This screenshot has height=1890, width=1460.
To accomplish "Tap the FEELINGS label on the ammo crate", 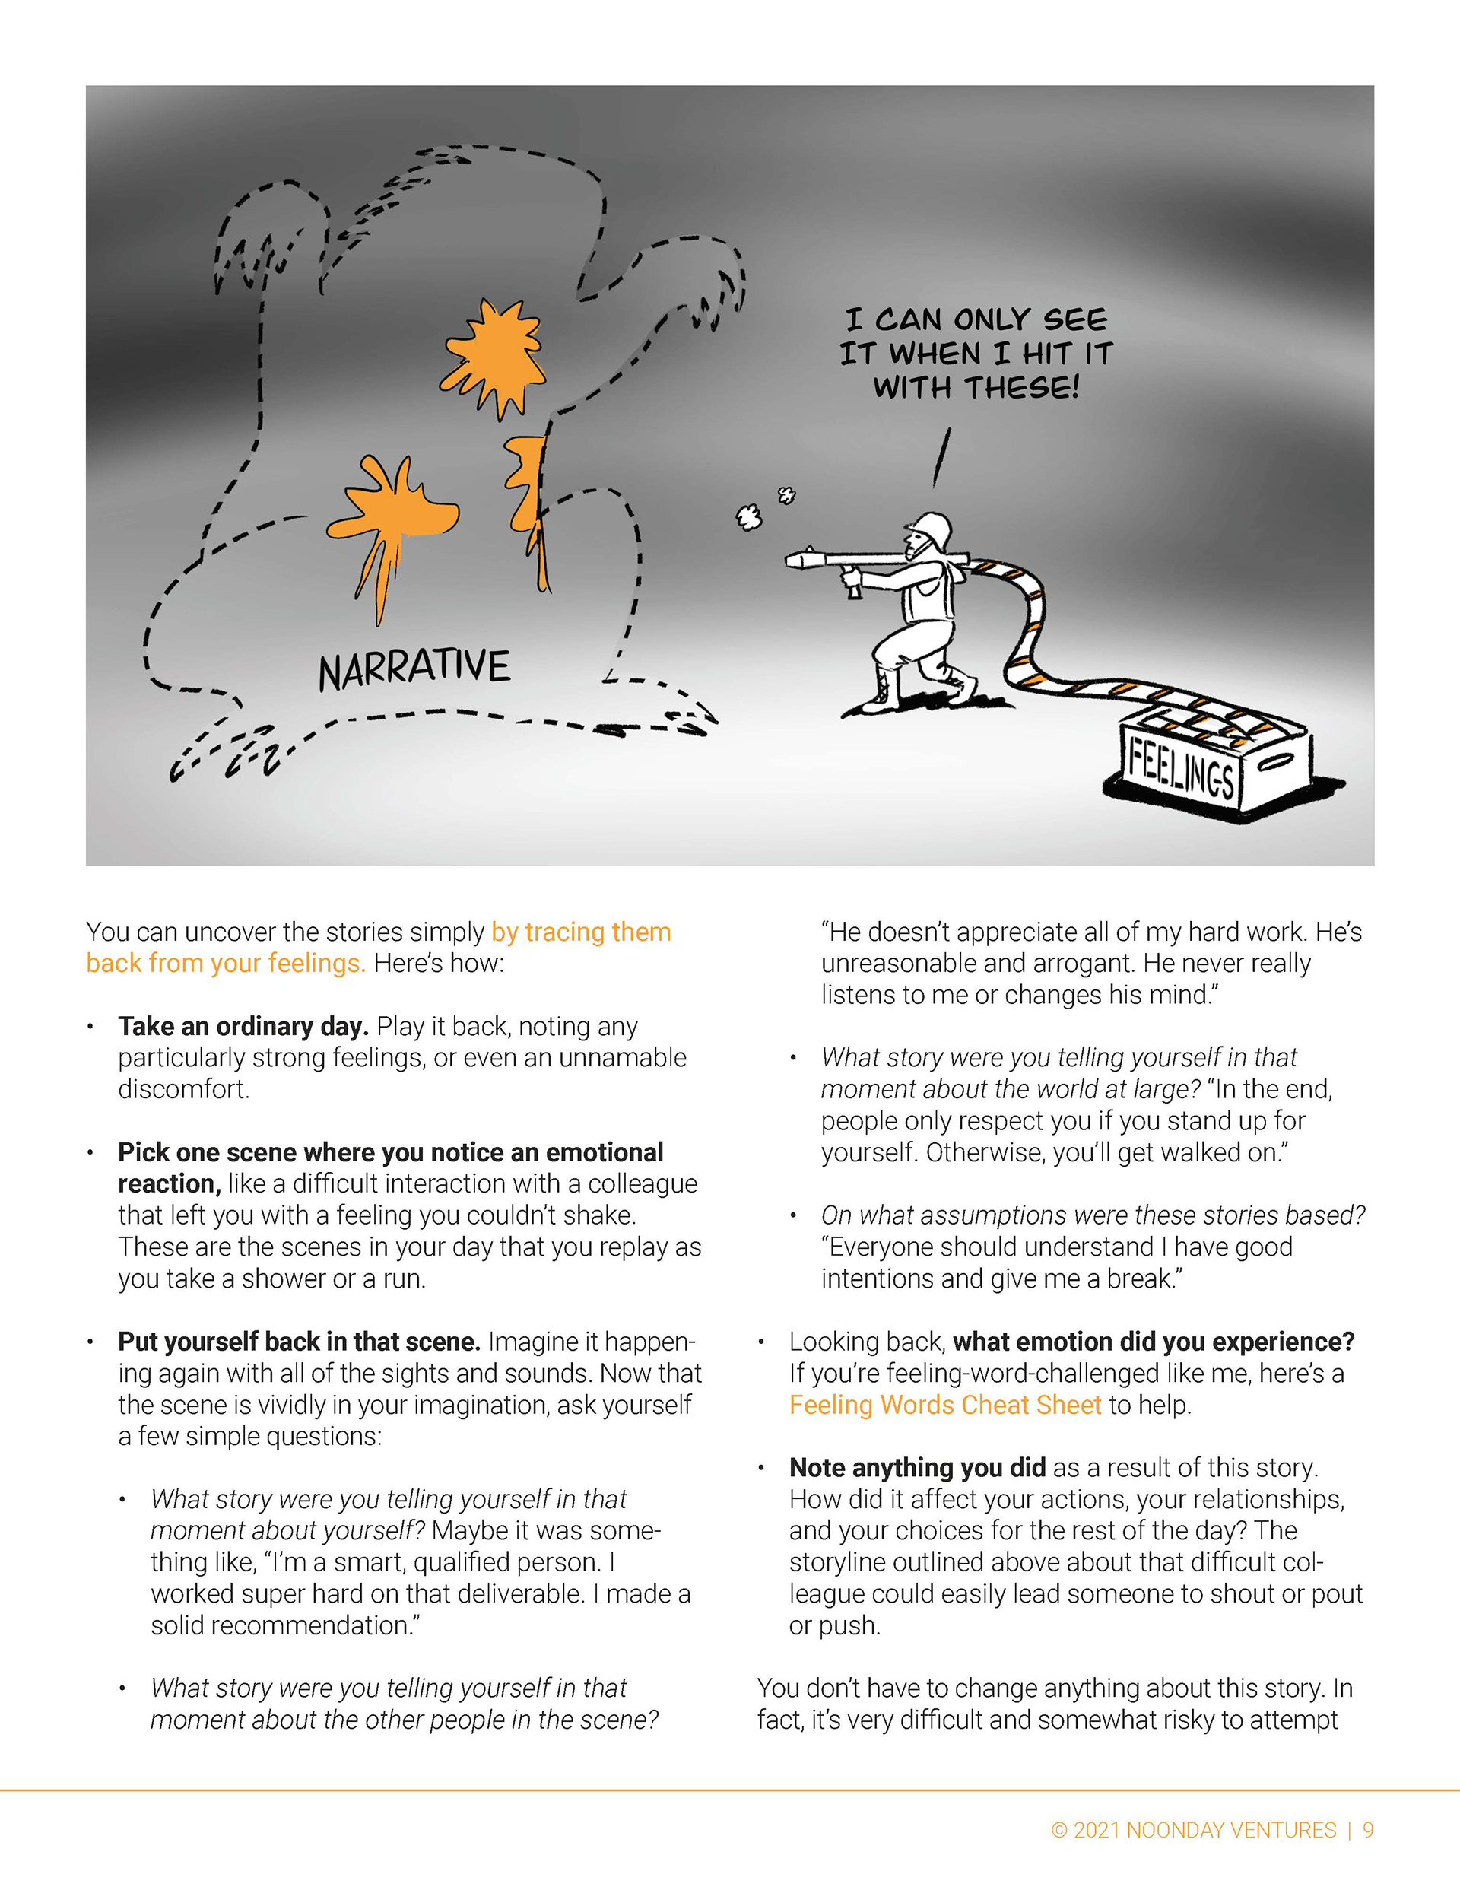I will [x=1182, y=768].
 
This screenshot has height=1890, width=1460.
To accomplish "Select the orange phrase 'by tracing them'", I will [x=581, y=931].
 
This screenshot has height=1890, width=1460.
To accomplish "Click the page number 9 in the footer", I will [x=1367, y=1829].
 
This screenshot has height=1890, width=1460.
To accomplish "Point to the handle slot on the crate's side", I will [x=1277, y=762].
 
